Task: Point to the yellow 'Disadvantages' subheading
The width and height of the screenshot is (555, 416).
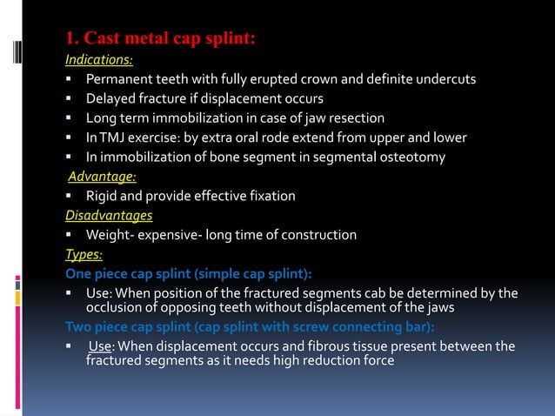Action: point(109,215)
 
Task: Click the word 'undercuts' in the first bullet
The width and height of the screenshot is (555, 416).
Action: point(444,80)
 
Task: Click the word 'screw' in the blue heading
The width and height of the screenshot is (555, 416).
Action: point(285,327)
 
